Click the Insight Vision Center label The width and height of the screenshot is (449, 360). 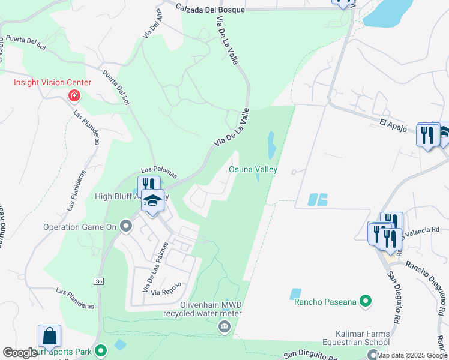coord(53,83)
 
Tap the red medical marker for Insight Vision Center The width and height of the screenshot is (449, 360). coord(74,95)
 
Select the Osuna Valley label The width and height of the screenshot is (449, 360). coord(253,170)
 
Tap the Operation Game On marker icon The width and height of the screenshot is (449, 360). coord(126,227)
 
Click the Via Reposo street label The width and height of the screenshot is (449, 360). coord(166,292)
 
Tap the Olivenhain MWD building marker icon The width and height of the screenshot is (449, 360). coord(223,326)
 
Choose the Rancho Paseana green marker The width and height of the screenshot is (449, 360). coord(364,301)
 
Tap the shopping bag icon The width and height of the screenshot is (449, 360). coord(49,337)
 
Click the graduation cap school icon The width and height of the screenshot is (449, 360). coord(153,200)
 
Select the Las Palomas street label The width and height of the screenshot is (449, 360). coord(159,172)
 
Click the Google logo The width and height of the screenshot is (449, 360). coord(19,353)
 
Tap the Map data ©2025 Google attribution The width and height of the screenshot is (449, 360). coord(412,355)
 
